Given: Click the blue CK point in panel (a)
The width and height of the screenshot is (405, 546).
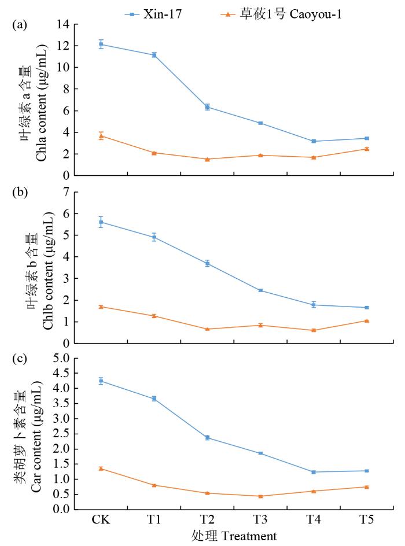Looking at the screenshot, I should (101, 44).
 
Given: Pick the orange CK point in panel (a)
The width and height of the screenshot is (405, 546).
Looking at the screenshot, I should (101, 136).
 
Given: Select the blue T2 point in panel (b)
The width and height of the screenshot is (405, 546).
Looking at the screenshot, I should (207, 263).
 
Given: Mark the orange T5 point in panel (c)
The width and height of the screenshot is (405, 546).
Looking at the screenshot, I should (366, 486).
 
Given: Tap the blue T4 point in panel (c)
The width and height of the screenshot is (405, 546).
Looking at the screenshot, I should (314, 472).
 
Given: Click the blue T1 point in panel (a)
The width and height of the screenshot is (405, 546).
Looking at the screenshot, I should (154, 55).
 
